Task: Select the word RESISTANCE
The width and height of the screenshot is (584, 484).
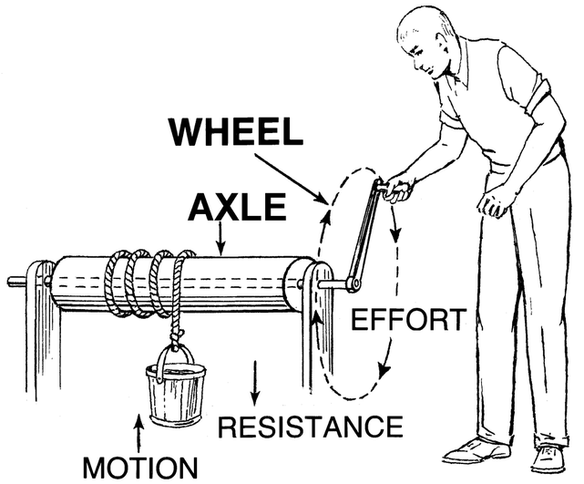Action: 311,426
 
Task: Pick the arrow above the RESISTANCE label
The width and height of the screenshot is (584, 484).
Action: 255,382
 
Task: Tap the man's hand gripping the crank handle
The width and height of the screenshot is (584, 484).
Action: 397,189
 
